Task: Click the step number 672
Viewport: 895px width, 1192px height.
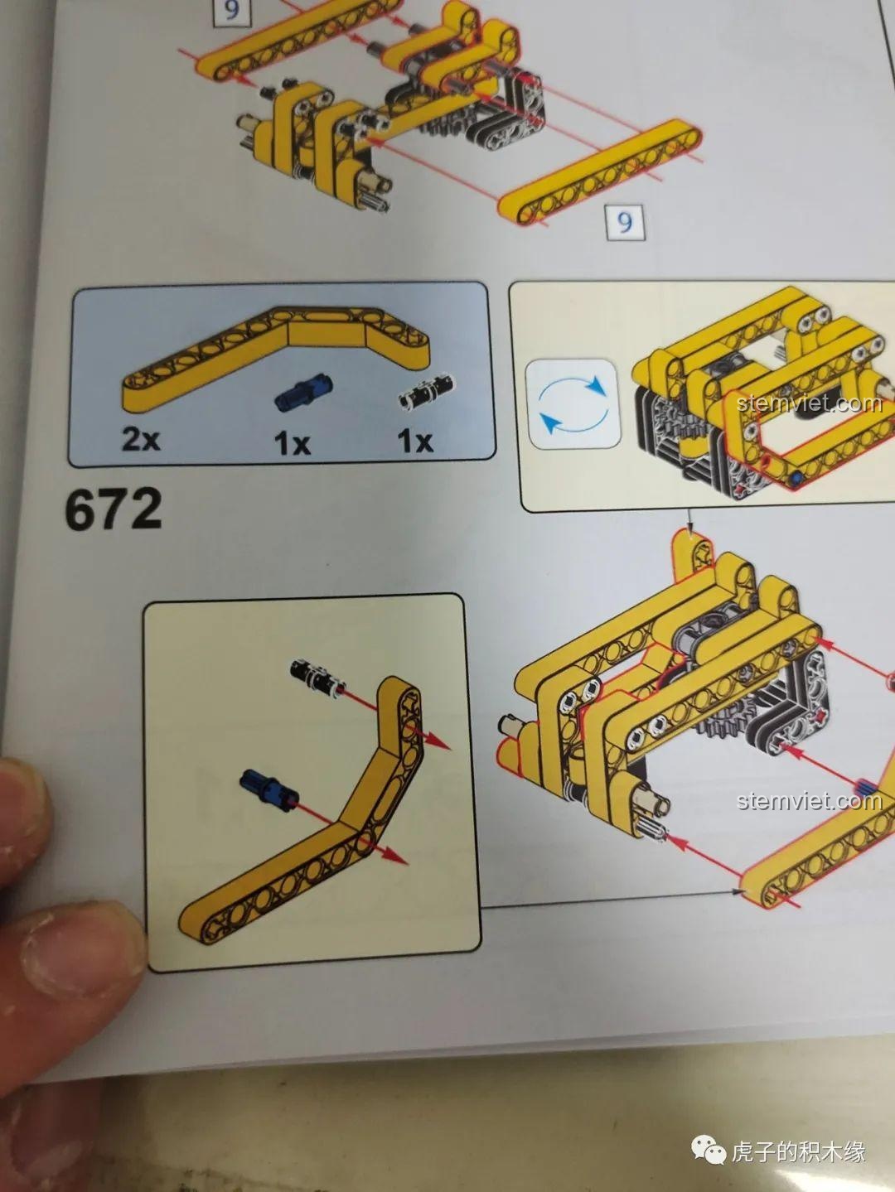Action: (x=114, y=508)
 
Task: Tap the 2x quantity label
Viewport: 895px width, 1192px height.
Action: (x=141, y=439)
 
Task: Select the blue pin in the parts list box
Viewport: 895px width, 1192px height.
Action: (x=304, y=390)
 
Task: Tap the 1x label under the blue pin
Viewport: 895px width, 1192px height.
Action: (x=293, y=442)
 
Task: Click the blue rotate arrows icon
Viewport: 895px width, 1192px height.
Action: (x=573, y=404)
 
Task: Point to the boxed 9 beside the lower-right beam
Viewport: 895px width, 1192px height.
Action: (x=625, y=221)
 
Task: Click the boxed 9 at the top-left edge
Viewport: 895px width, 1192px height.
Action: (x=231, y=11)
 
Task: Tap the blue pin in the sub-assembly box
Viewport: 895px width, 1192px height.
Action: (x=269, y=789)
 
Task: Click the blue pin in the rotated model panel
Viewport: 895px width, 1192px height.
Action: (x=796, y=479)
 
